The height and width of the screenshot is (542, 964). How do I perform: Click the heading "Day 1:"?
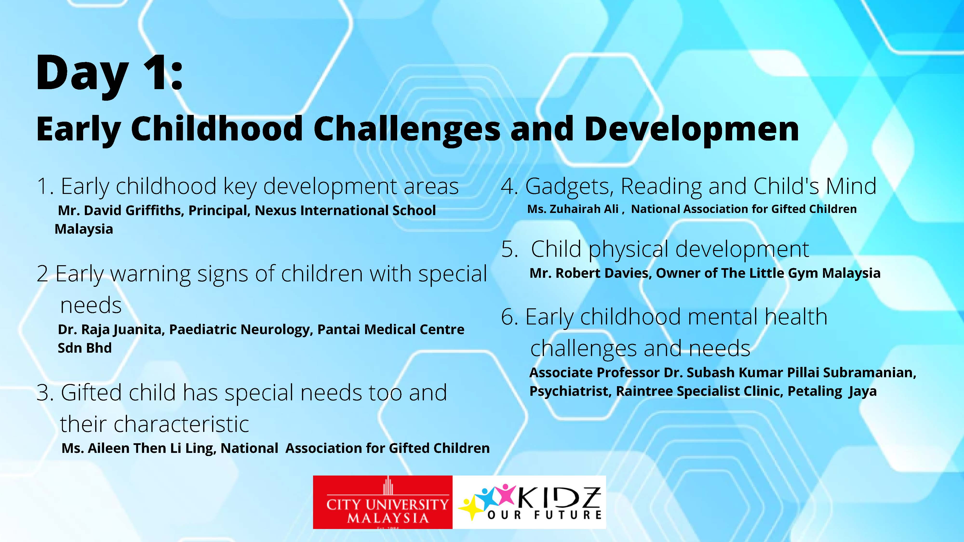(x=109, y=74)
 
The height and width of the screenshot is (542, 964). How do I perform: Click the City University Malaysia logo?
(x=382, y=502)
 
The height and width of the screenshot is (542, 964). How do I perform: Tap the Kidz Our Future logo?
(x=529, y=502)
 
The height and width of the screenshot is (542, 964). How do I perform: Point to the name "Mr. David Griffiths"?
(x=120, y=211)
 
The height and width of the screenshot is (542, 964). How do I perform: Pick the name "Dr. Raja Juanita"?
(x=111, y=330)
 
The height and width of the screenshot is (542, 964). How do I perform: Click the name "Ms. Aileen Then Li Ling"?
(x=139, y=448)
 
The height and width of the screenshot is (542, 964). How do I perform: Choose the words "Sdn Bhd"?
(x=85, y=348)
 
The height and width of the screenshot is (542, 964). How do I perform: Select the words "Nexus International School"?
(x=345, y=211)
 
